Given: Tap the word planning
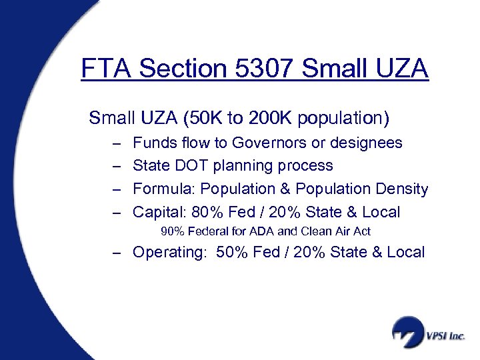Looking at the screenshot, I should tap(241, 166).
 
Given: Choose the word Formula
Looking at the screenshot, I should tap(163, 189).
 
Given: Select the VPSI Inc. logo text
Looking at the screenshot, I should tap(445, 335).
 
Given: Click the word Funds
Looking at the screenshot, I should tap(152, 143).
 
